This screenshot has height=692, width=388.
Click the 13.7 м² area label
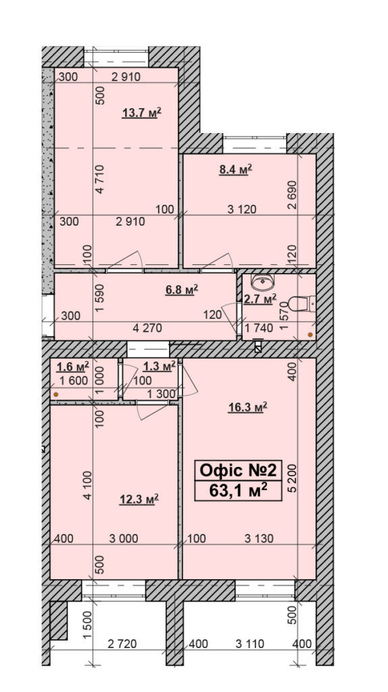click(x=141, y=113)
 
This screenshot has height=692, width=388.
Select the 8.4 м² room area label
click(x=235, y=170)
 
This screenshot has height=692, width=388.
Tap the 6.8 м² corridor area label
click(x=181, y=290)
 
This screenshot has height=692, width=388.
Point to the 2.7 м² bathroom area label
click(x=260, y=298)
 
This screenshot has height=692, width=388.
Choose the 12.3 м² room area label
click(x=139, y=499)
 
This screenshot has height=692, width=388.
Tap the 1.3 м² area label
click(x=160, y=366)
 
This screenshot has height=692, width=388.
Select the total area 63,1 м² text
click(x=239, y=490)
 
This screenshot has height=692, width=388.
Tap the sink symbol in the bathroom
click(x=261, y=280)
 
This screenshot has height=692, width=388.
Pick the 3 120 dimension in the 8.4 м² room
click(x=241, y=209)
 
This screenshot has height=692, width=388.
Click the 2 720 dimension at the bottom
click(x=122, y=645)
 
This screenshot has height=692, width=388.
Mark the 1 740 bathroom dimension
click(x=259, y=328)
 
